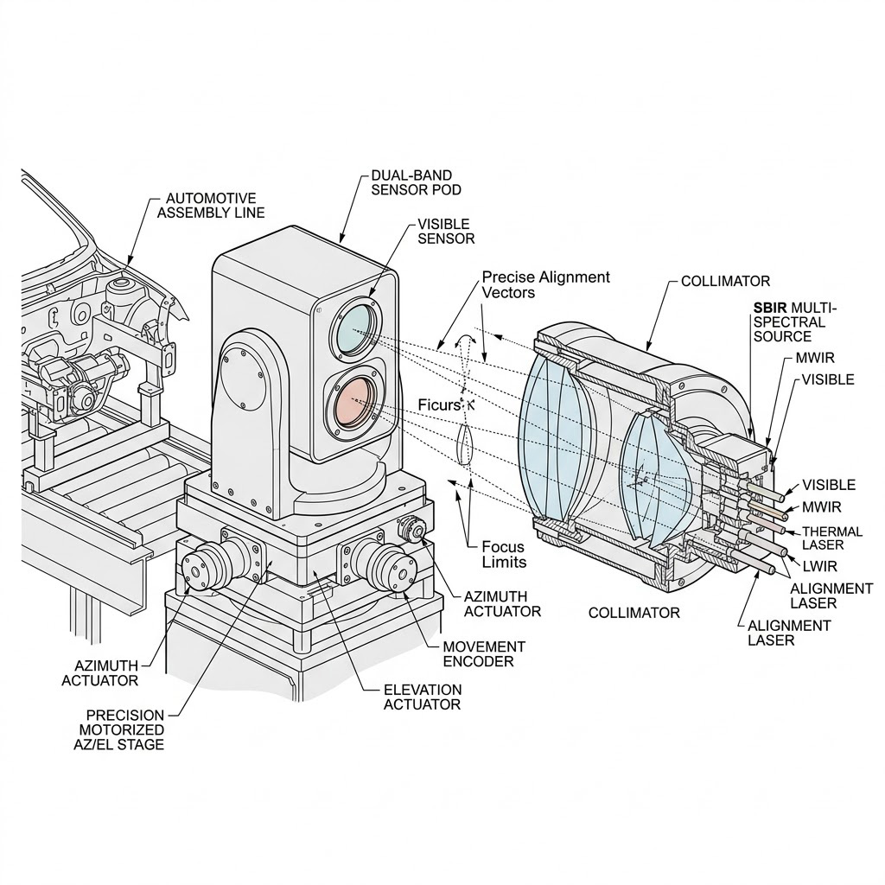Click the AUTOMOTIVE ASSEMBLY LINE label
pos(211,205)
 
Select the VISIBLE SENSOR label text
pos(446,231)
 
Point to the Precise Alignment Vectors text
pos(545,284)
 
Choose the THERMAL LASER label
pos(832,538)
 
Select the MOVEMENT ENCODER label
pos(483,653)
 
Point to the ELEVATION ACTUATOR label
pos(422,697)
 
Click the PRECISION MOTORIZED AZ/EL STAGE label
pos(124,729)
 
